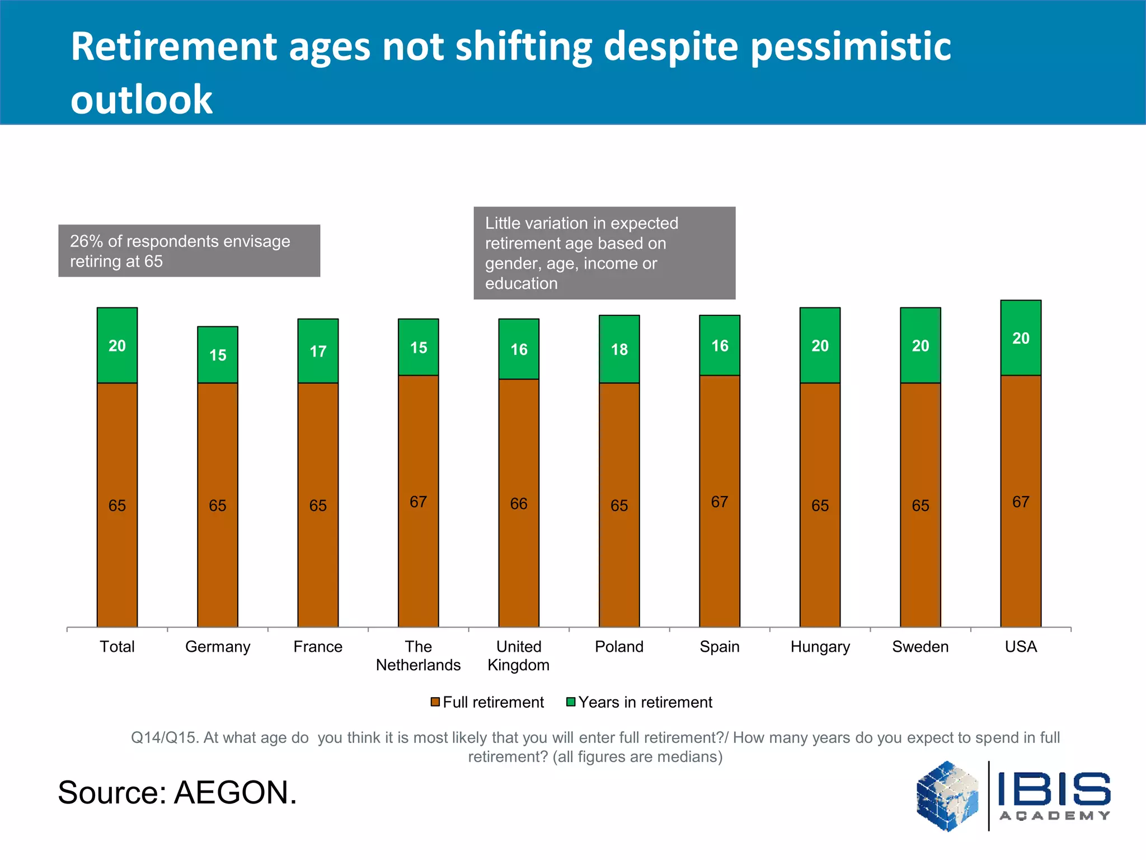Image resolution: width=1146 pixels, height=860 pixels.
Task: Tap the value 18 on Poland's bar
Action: (619, 350)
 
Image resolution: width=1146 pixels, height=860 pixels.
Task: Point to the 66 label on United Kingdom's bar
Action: (519, 504)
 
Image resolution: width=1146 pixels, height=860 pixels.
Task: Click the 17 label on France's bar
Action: (318, 352)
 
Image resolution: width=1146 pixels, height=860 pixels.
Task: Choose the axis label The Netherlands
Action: (418, 656)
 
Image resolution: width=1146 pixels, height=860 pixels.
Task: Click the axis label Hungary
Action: (820, 647)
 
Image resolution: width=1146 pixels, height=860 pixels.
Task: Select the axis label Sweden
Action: (920, 647)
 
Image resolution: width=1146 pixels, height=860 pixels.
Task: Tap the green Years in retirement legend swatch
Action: (571, 702)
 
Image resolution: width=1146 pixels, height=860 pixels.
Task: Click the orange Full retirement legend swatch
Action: (435, 702)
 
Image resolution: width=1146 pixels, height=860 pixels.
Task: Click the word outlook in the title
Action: (142, 100)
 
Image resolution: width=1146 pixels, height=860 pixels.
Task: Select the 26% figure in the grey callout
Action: (86, 241)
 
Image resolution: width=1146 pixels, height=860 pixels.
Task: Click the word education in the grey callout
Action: (521, 284)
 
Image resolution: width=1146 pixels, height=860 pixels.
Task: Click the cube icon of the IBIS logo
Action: (947, 795)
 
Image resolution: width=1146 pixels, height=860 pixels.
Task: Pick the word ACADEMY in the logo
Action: (1054, 816)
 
